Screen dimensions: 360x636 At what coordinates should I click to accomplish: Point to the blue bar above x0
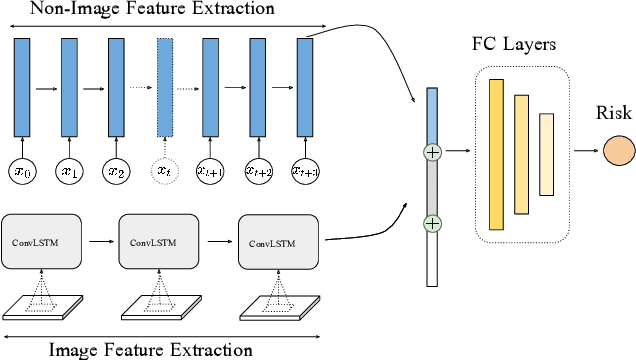(x=22, y=87)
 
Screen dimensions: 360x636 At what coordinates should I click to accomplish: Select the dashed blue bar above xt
(x=164, y=87)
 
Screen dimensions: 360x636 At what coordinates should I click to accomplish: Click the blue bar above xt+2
(x=258, y=87)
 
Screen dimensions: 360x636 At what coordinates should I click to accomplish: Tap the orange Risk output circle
(x=617, y=152)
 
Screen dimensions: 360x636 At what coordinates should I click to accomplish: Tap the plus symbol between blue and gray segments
(x=432, y=153)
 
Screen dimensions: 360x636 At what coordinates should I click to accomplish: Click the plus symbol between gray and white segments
(x=432, y=223)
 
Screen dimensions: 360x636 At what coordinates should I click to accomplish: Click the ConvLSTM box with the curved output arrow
(x=278, y=241)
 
